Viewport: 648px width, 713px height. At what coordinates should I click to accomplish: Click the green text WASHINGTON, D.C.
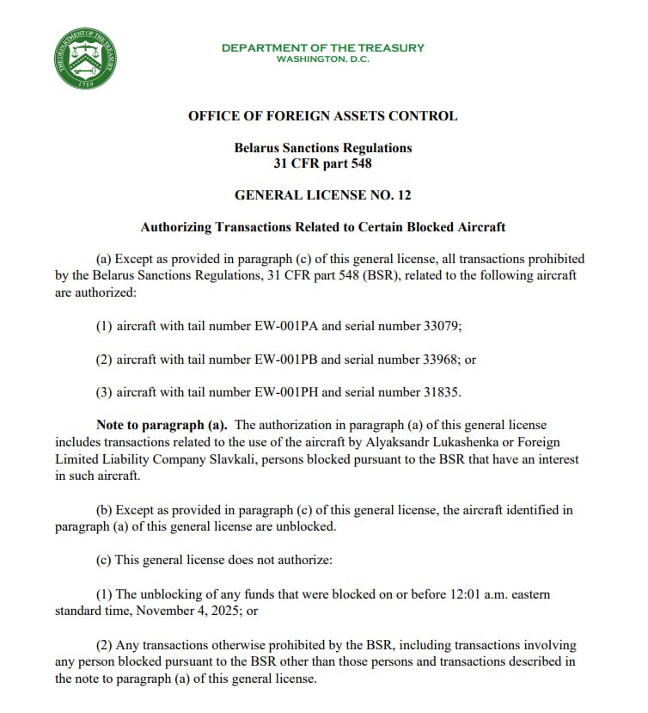click(322, 59)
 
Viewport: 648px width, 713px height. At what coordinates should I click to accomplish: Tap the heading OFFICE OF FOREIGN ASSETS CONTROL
click(322, 116)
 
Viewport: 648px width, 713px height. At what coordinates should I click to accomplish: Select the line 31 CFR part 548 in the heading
click(322, 163)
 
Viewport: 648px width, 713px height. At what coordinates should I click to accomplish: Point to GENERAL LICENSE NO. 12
click(322, 195)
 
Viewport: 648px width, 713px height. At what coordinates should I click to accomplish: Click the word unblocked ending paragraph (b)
click(307, 526)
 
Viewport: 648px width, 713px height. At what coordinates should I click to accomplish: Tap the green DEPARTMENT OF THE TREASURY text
click(322, 47)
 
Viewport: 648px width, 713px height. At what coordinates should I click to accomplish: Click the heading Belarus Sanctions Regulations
click(322, 148)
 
